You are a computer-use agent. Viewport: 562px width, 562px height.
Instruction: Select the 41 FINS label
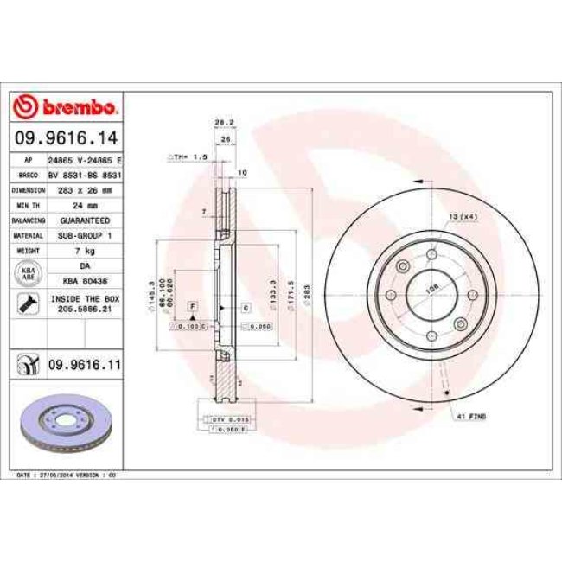click(x=471, y=418)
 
